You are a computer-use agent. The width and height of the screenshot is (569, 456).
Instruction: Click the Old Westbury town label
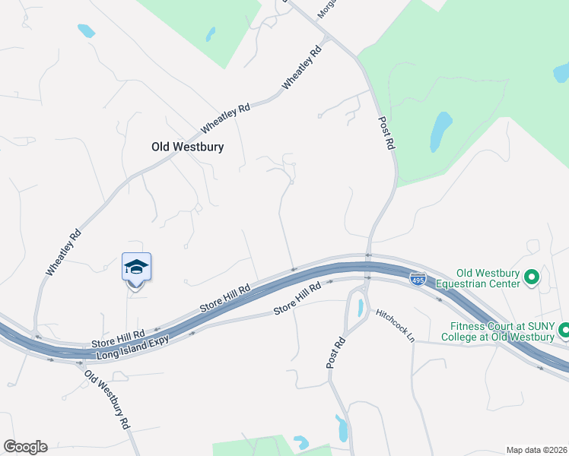[x=187, y=147]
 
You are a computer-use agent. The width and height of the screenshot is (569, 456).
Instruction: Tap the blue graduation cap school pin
[x=136, y=268]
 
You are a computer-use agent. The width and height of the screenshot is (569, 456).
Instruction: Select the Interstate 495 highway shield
[x=418, y=279]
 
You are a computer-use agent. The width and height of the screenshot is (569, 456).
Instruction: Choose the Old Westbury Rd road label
[x=106, y=400]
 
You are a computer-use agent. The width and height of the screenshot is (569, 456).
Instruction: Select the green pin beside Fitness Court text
[x=564, y=331]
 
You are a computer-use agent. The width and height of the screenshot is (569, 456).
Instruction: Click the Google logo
[x=25, y=447]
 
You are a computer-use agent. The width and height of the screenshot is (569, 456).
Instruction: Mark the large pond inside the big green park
[x=440, y=131]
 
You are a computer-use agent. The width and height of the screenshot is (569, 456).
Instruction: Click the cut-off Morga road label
[x=326, y=8]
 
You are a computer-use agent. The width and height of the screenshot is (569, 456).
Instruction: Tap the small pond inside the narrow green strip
[x=210, y=34]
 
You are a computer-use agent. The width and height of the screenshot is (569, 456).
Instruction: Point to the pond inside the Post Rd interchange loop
[x=358, y=306]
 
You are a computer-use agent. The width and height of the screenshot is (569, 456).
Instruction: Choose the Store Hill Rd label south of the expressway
[x=297, y=300]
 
